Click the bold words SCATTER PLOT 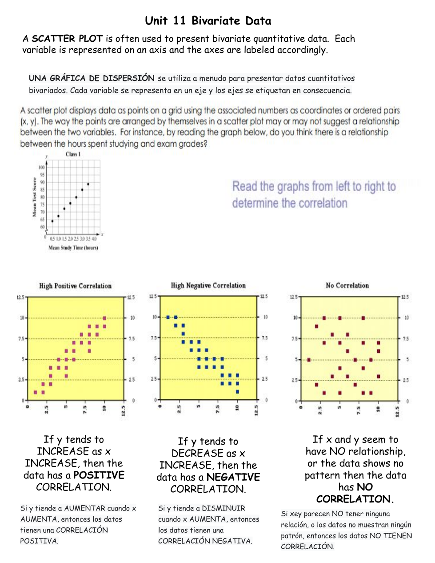pos(67,39)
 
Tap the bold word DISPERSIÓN pos(128,78)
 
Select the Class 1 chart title pos(73,154)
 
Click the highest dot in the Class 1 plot pos(88,184)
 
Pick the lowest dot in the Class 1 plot pos(52,221)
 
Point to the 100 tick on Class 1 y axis pos(42,168)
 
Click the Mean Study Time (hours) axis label pos(73,248)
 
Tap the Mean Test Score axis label pos(34,197)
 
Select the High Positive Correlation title pos(75,286)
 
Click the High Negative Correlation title pos(208,286)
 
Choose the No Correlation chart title pos(347,286)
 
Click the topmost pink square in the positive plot pos(104,318)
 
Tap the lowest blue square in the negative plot pos(237,392)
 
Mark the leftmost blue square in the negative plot pos(168,317)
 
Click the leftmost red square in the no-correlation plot pos(309,360)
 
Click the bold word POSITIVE pos(99,475)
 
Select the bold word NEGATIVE pos(233,477)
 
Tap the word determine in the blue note pos(255,203)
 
